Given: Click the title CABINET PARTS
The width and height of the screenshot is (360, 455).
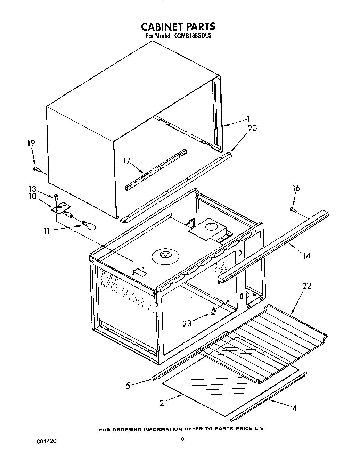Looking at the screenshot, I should (178, 26).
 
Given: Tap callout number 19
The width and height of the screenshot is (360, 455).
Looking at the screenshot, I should (31, 143).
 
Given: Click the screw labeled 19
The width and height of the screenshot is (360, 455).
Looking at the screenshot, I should (37, 169).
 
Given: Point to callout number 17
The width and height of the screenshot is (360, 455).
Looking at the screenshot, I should (127, 160).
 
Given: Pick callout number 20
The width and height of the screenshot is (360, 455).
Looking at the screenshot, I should (252, 128).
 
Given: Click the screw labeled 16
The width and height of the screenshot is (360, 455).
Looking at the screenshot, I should (293, 209).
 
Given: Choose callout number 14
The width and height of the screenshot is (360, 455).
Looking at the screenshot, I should (306, 256).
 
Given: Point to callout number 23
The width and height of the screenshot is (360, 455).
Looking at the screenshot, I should (187, 323).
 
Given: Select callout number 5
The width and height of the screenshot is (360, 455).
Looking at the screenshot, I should (128, 385).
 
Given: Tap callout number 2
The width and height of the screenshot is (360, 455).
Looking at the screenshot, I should (162, 403).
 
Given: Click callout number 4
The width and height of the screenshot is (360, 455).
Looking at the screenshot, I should (294, 408).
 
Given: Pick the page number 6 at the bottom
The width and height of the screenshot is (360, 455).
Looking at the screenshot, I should (182, 439).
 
